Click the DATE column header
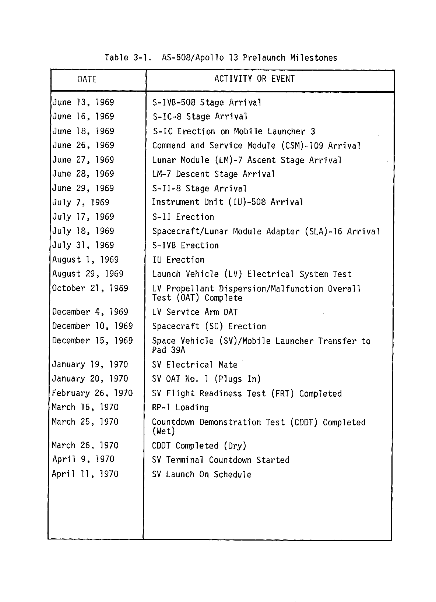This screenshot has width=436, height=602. [87, 79]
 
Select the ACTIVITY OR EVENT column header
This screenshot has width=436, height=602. [254, 79]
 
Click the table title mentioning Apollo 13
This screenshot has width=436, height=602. [221, 58]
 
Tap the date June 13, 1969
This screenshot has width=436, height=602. [83, 103]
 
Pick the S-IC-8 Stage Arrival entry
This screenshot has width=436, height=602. [200, 117]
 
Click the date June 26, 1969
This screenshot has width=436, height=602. [83, 145]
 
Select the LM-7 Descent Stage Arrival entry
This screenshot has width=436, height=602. [214, 174]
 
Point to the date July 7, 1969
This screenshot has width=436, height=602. [81, 202]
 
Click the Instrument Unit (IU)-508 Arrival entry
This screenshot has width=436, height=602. [228, 202]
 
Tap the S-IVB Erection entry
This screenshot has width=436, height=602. [186, 245]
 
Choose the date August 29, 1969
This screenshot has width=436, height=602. [88, 274]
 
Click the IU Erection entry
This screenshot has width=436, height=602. [178, 260]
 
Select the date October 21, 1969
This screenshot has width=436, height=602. [90, 288]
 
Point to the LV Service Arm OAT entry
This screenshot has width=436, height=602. [195, 312]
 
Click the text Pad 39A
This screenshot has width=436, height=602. [169, 350]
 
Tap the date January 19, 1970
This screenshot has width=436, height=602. [90, 365]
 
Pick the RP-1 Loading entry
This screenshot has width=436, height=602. [180, 408]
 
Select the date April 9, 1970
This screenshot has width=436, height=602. [83, 460]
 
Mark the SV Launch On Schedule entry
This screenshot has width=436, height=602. [202, 475]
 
